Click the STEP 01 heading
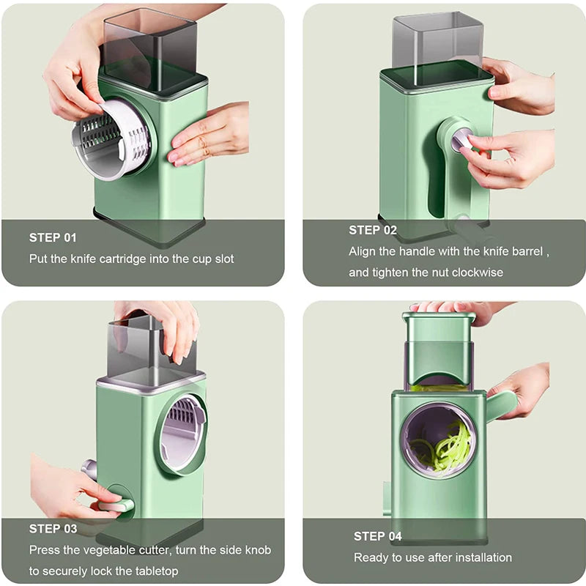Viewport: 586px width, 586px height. point(53,237)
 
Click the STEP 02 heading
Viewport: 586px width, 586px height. point(373,230)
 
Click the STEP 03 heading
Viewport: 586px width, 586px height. point(53,528)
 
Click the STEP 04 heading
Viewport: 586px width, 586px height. point(378,536)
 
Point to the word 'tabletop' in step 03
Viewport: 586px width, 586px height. point(155,571)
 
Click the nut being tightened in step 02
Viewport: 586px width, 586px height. point(461,138)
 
